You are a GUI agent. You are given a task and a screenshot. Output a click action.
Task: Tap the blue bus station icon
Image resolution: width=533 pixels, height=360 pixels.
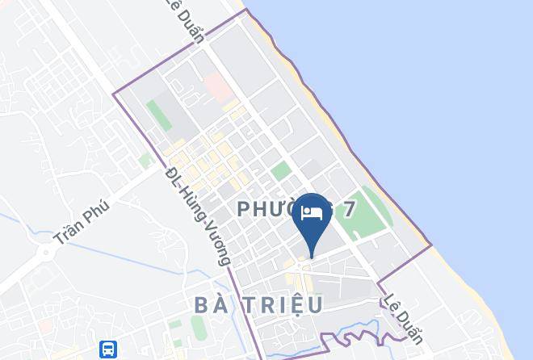[x=107, y=349]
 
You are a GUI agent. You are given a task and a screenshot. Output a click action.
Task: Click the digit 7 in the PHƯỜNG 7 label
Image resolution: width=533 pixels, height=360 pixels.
[x=348, y=210]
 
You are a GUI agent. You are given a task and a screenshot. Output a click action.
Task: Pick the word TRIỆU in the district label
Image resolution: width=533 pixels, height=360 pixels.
[x=282, y=304]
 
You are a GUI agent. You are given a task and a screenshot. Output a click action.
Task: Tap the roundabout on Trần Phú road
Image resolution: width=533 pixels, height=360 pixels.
[x=46, y=251]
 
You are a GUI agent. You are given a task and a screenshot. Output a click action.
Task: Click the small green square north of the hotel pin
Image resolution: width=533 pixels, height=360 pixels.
[x=281, y=170]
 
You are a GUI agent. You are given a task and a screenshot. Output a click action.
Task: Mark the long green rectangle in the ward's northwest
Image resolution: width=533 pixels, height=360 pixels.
[x=159, y=115]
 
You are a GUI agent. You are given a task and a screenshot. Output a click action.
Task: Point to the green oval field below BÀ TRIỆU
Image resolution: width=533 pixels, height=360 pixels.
[x=199, y=327]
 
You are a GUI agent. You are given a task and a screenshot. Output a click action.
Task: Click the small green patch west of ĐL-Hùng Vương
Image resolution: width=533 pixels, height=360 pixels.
[x=145, y=161]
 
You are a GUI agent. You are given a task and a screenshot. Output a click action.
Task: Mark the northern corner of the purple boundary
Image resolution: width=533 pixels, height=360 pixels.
[x=246, y=10]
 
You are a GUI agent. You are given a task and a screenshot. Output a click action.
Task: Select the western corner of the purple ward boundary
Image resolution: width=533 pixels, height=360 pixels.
[x=113, y=94]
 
